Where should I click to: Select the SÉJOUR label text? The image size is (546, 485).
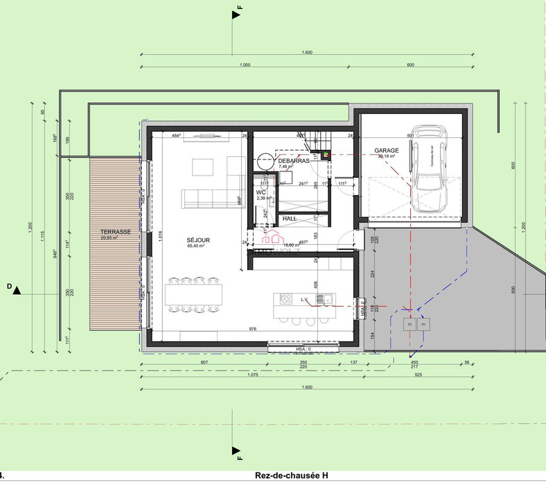(x=197, y=240)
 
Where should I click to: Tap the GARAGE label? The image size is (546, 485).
(x=386, y=150)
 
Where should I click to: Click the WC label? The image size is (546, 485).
(x=261, y=192)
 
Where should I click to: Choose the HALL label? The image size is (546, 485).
(x=290, y=219)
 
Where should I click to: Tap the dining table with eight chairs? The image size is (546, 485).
(x=196, y=294)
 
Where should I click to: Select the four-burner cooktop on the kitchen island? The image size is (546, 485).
(x=285, y=299)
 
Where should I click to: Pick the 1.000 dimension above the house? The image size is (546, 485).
(x=244, y=65)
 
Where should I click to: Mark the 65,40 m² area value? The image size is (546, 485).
(x=197, y=246)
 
